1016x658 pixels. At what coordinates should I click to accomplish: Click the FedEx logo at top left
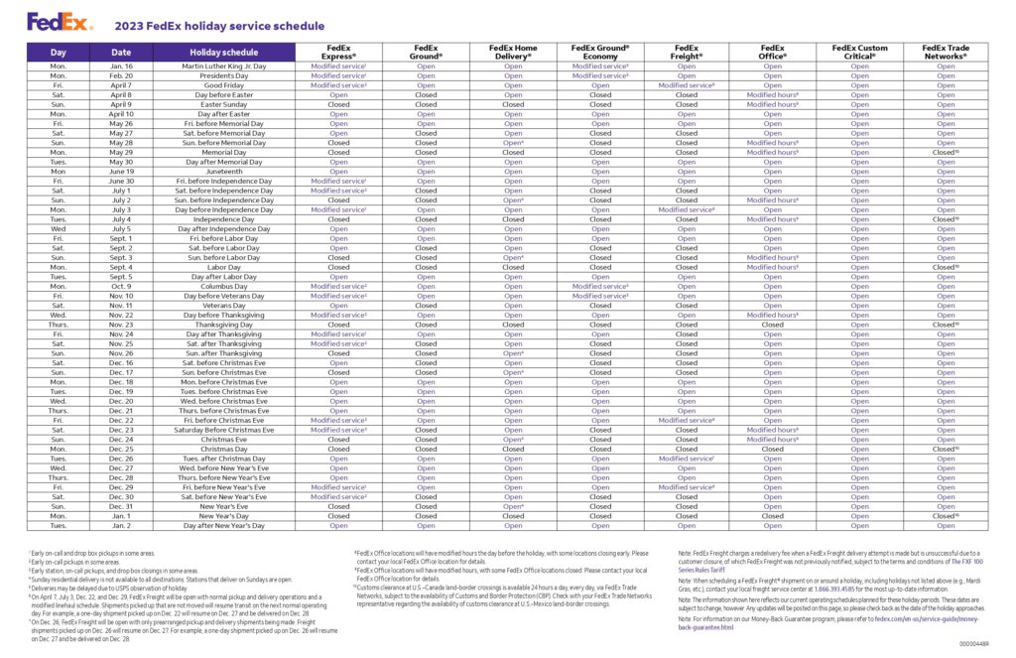coord(47,20)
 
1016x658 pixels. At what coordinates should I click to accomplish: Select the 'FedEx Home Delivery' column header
coord(513,52)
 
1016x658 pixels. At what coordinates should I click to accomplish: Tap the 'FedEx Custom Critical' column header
coord(859,52)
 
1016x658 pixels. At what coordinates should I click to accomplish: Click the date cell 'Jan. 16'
coord(121,66)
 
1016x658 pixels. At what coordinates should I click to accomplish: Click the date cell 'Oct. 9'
coord(121,286)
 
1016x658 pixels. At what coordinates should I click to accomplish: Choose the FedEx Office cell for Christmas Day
coord(773,449)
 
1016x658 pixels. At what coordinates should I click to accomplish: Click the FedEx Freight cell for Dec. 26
coord(686,459)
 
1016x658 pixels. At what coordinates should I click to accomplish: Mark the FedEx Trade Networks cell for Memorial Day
coord(946,153)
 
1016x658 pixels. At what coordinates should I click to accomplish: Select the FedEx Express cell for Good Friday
coord(338,85)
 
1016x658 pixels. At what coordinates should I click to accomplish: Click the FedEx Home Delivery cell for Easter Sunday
coord(513,104)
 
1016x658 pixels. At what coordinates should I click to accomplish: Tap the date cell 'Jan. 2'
coord(121,525)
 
